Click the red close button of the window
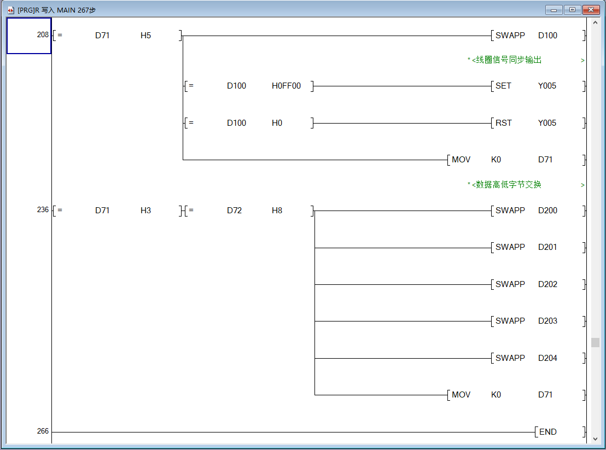(590, 10)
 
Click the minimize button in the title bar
(555, 10)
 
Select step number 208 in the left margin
(43, 35)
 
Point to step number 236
(43, 210)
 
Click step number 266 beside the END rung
(43, 431)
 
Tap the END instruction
(547, 432)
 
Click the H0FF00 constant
(286, 86)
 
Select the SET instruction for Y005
(503, 86)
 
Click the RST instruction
(503, 123)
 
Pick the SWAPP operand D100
(547, 36)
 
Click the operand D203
(547, 321)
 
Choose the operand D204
(547, 358)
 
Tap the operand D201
(547, 247)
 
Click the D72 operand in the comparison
(234, 211)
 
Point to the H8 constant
(277, 211)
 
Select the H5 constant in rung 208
(145, 36)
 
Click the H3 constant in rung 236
(145, 211)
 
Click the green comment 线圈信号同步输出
(509, 60)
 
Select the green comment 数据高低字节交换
(509, 185)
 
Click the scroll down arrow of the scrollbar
(595, 439)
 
